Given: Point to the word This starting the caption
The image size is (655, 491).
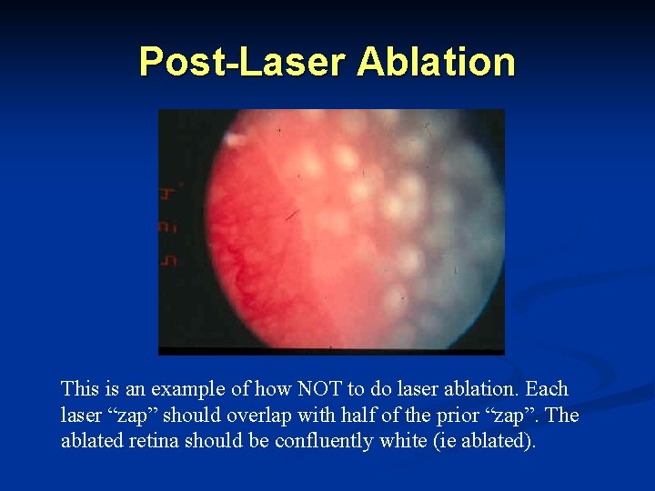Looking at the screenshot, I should [78, 389].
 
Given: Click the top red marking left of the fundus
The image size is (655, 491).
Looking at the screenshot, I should [168, 193].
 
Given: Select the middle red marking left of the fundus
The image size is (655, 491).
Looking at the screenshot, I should [168, 226].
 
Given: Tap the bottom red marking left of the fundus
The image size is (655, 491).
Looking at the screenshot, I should [168, 260].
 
